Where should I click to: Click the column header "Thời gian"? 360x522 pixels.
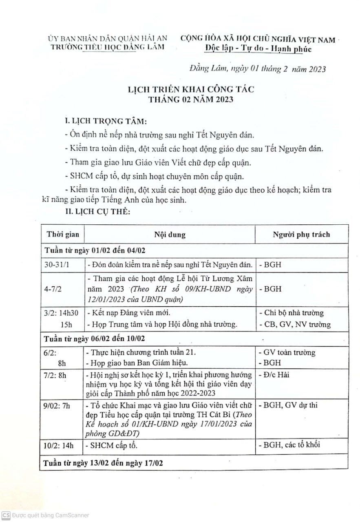[63, 234]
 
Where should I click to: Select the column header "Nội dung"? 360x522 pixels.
[170, 234]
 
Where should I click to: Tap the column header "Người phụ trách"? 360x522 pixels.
[301, 234]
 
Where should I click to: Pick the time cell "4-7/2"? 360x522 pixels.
[53, 289]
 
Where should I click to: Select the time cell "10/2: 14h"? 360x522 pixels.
[61, 445]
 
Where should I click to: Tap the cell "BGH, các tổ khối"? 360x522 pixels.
[289, 445]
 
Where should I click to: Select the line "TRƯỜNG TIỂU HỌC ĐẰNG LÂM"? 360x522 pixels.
[107, 47]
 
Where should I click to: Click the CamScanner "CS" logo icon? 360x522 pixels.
[6, 515]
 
